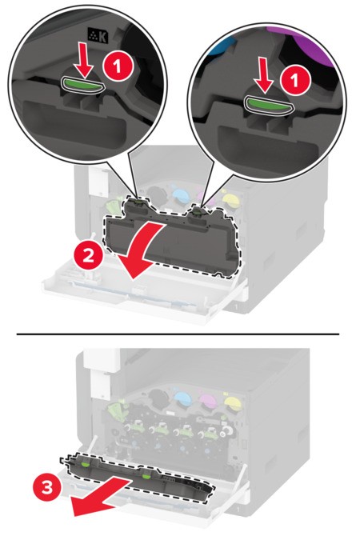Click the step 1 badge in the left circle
[118, 67]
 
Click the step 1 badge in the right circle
[294, 82]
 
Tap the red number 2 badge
[88, 256]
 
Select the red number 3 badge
[47, 488]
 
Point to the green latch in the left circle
[82, 85]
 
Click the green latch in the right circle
[267, 106]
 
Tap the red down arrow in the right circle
[265, 76]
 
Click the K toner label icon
[98, 36]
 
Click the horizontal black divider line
[178, 334]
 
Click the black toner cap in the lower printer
[158, 397]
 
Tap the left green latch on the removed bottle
[85, 464]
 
